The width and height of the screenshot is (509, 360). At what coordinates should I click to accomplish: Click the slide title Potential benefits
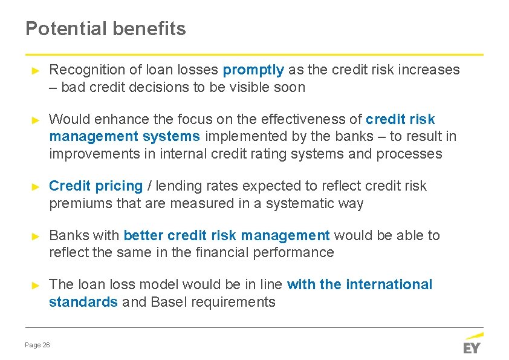click(106, 28)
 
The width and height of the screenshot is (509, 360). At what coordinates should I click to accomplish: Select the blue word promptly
click(253, 70)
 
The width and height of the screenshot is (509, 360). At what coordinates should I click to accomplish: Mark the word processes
click(409, 154)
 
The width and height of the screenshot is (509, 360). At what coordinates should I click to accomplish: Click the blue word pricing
click(118, 186)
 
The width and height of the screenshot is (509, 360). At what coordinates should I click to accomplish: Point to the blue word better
click(143, 235)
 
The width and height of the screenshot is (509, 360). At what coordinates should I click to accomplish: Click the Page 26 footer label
click(37, 345)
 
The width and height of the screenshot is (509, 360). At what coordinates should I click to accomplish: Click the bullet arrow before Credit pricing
click(35, 186)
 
